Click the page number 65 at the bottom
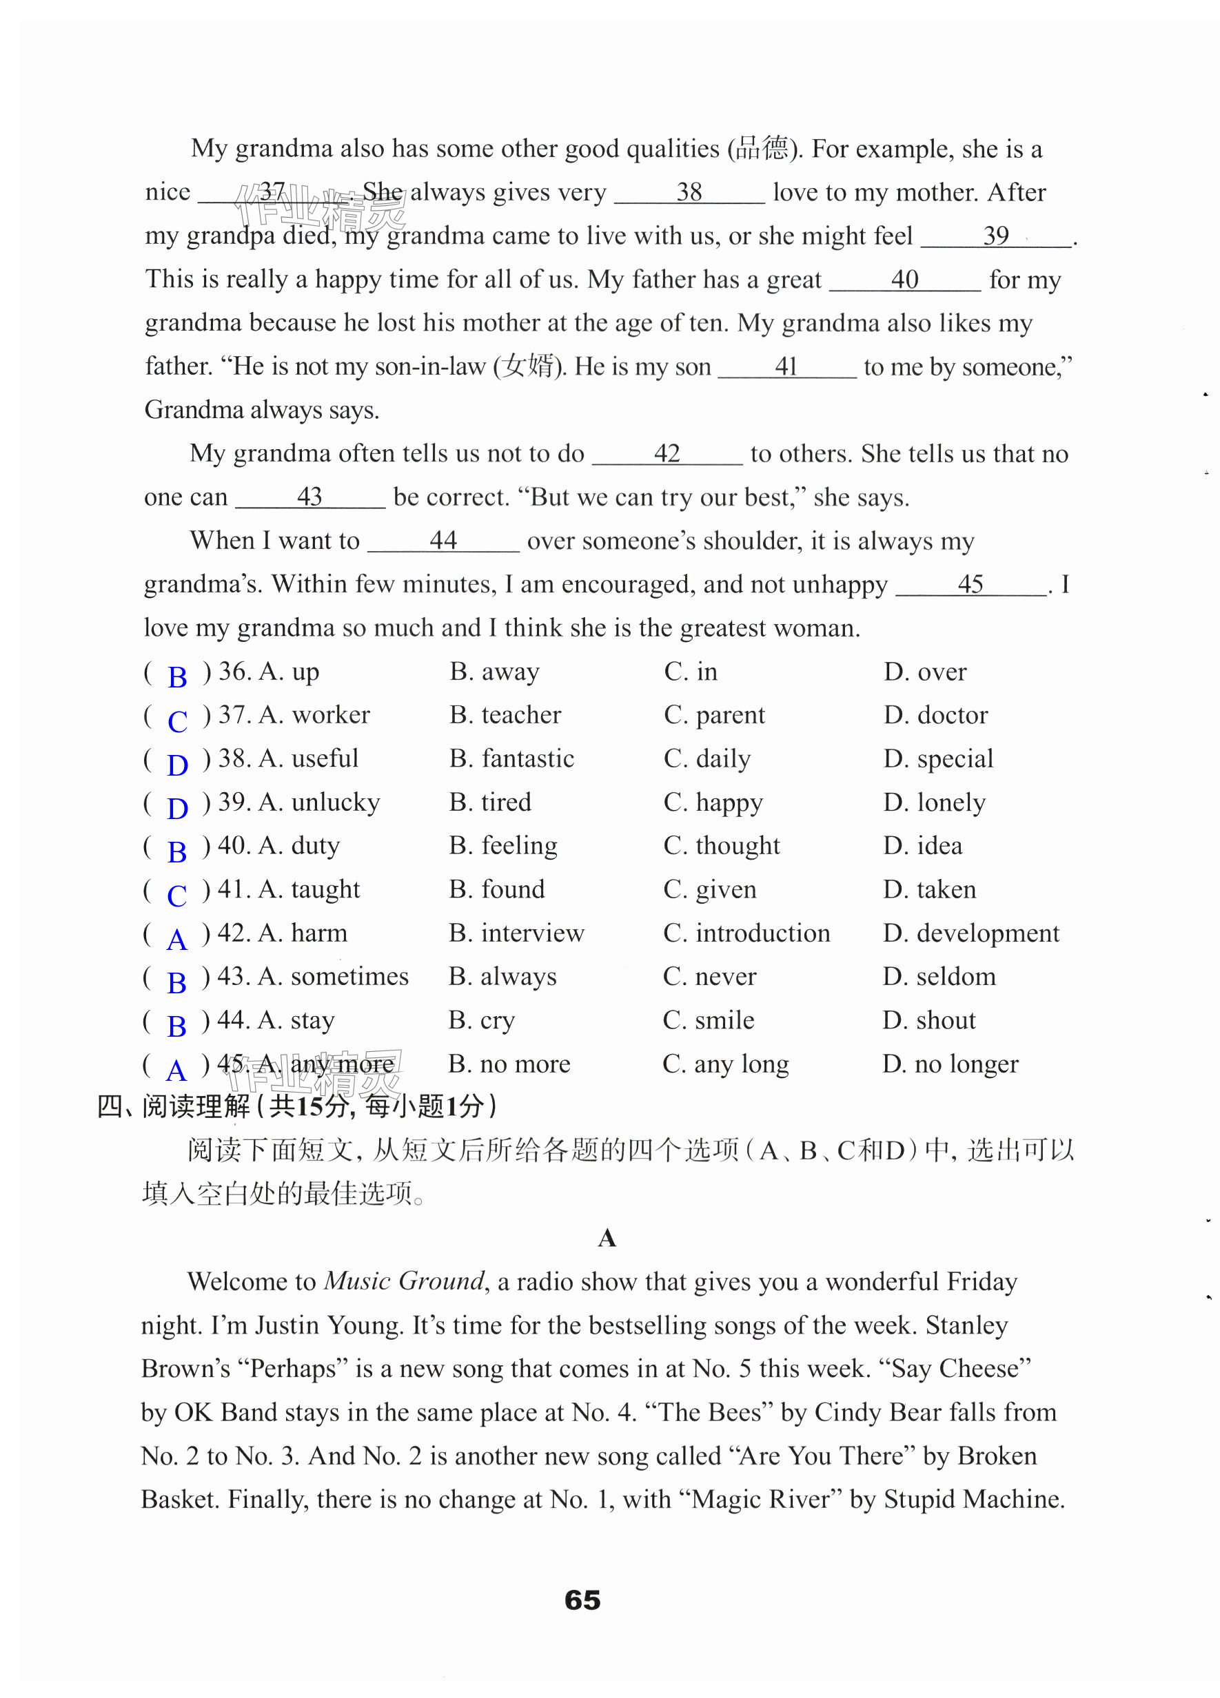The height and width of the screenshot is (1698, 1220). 582,1601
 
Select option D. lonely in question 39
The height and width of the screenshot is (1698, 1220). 934,803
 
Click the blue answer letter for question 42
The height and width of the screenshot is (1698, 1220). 176,939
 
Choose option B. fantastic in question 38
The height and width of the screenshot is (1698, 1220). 511,758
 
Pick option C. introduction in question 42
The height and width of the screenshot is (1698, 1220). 746,933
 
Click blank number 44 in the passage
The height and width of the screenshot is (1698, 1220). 443,541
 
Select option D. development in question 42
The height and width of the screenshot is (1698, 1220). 970,933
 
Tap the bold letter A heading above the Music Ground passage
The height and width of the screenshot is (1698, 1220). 607,1238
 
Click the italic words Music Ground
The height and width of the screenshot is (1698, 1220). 405,1281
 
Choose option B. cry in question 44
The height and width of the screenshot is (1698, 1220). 482,1020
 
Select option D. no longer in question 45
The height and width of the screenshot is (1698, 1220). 950,1064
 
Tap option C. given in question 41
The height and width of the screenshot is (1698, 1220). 709,889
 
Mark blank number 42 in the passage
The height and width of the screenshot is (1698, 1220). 667,454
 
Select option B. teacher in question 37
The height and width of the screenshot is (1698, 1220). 505,715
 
